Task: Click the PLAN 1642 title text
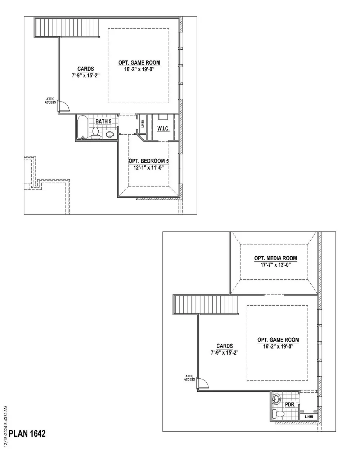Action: [x=27, y=433]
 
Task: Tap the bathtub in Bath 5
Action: [x=82, y=127]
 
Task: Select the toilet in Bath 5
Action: [x=96, y=133]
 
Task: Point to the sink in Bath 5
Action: [x=109, y=134]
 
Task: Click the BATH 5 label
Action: [x=103, y=121]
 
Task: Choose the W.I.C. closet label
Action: [x=163, y=129]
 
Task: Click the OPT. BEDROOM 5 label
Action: [x=149, y=161]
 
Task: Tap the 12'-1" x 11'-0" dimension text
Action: [x=149, y=167]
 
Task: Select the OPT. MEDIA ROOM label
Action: [x=275, y=258]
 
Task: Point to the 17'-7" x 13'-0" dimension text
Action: [x=275, y=265]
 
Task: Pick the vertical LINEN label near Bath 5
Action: [x=143, y=123]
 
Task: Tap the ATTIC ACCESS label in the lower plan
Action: [x=189, y=378]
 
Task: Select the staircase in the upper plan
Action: [x=67, y=28]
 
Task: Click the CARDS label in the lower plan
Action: [x=225, y=346]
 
